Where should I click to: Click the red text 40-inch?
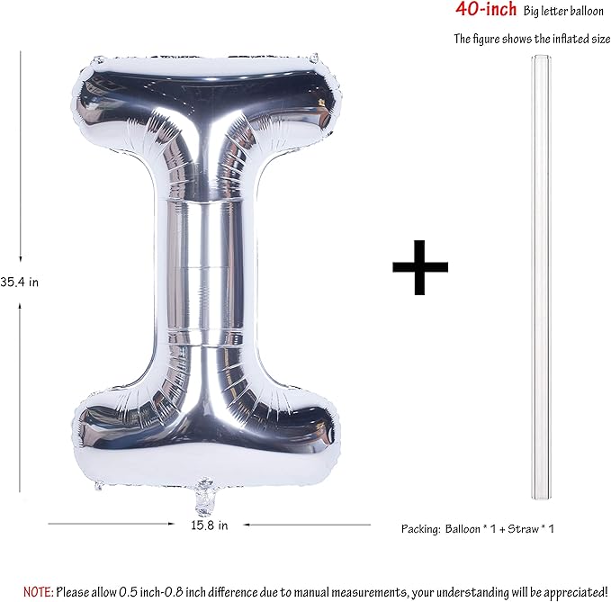click(486, 9)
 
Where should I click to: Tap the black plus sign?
click(420, 267)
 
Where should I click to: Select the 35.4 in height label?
click(20, 282)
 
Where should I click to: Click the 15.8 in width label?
click(210, 526)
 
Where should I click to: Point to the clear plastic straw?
click(541, 277)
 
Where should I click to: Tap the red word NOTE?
click(38, 592)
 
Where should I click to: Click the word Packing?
click(421, 529)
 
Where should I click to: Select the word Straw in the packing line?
click(523, 529)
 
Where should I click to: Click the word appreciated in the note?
click(575, 592)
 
